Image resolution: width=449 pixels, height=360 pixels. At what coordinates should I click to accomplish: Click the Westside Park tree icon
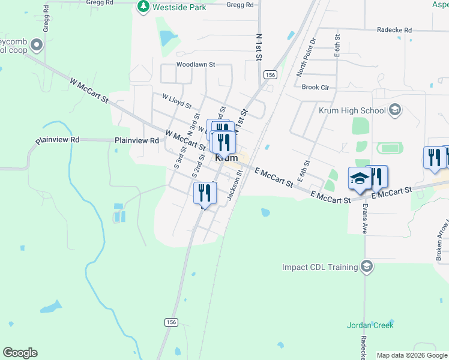[143, 7]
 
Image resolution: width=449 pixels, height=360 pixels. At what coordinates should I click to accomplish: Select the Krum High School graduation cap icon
[395, 110]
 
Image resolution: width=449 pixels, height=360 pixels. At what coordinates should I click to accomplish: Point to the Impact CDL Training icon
[367, 266]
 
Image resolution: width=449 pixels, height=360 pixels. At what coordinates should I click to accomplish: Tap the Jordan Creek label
[370, 325]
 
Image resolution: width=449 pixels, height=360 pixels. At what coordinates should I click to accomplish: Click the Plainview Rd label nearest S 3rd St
[137, 140]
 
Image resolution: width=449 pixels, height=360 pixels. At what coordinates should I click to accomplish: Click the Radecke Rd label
[394, 29]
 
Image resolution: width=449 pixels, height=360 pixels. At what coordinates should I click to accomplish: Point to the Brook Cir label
[316, 87]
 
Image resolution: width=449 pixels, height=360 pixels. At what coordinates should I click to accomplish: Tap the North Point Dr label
[306, 57]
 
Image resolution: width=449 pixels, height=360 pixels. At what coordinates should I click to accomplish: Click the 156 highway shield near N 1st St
[269, 74]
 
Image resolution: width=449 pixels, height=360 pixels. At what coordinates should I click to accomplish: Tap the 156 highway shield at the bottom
[171, 322]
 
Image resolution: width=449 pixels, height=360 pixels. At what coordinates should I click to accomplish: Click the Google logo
[20, 353]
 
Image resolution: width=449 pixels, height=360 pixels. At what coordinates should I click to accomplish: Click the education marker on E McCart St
[360, 179]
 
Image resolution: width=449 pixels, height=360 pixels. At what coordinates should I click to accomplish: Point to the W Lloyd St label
[176, 101]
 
